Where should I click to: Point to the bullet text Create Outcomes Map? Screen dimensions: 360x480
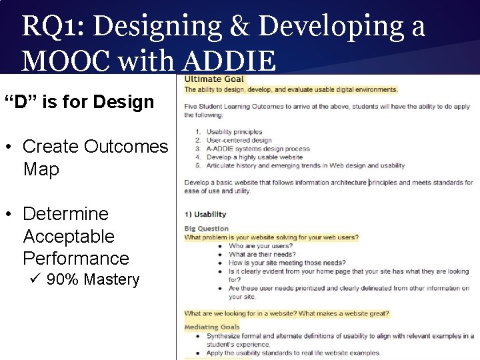click(x=95, y=157)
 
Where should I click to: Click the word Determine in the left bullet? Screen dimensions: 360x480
click(x=65, y=214)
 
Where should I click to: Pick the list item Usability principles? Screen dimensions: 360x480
click(x=234, y=132)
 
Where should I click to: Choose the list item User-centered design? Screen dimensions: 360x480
click(x=239, y=141)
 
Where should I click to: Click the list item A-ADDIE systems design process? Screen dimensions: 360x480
click(x=258, y=149)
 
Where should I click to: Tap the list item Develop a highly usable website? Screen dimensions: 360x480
click(x=254, y=158)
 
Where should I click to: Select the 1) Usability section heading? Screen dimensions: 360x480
click(x=205, y=215)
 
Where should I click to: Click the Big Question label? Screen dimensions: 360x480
click(x=206, y=229)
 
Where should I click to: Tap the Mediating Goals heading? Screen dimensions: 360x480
click(x=211, y=327)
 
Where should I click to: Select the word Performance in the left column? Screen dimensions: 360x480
click(x=76, y=258)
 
